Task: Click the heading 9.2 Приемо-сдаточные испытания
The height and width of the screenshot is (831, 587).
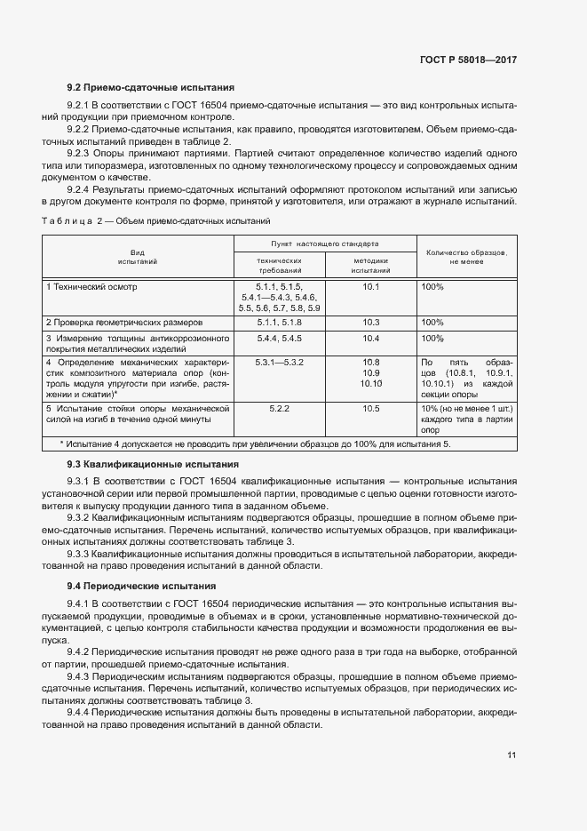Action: point(151,88)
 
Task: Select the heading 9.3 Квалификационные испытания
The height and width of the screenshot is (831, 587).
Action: point(153,464)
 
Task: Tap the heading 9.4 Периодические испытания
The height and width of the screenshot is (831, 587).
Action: point(142,586)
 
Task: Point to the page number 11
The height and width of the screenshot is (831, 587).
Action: point(512,755)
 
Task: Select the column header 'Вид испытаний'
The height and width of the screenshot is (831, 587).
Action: point(138,258)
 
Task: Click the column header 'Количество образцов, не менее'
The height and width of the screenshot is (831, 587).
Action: point(466,258)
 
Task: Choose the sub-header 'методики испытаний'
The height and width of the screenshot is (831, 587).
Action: point(371,264)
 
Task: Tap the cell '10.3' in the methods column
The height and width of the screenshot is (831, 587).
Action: point(371,323)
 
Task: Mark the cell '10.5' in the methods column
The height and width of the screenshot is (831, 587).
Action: point(371,409)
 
